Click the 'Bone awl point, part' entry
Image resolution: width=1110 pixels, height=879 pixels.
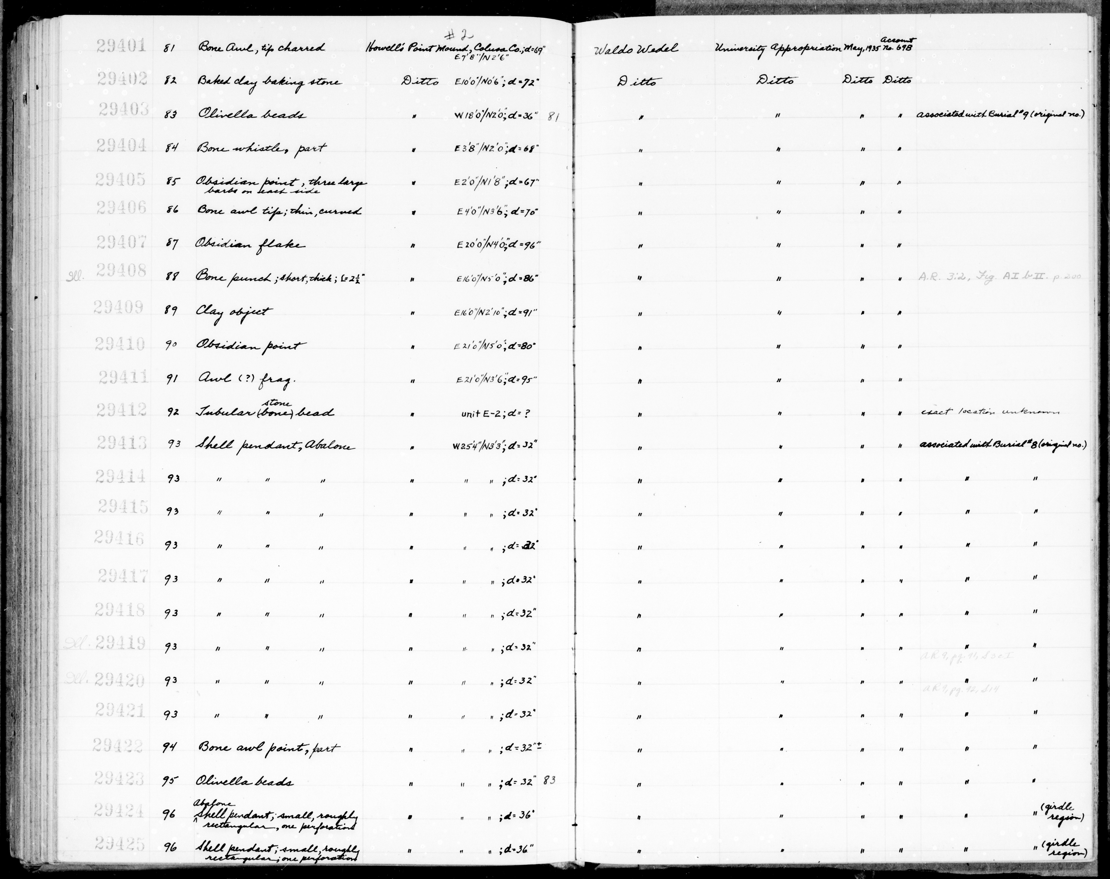coord(268,748)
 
